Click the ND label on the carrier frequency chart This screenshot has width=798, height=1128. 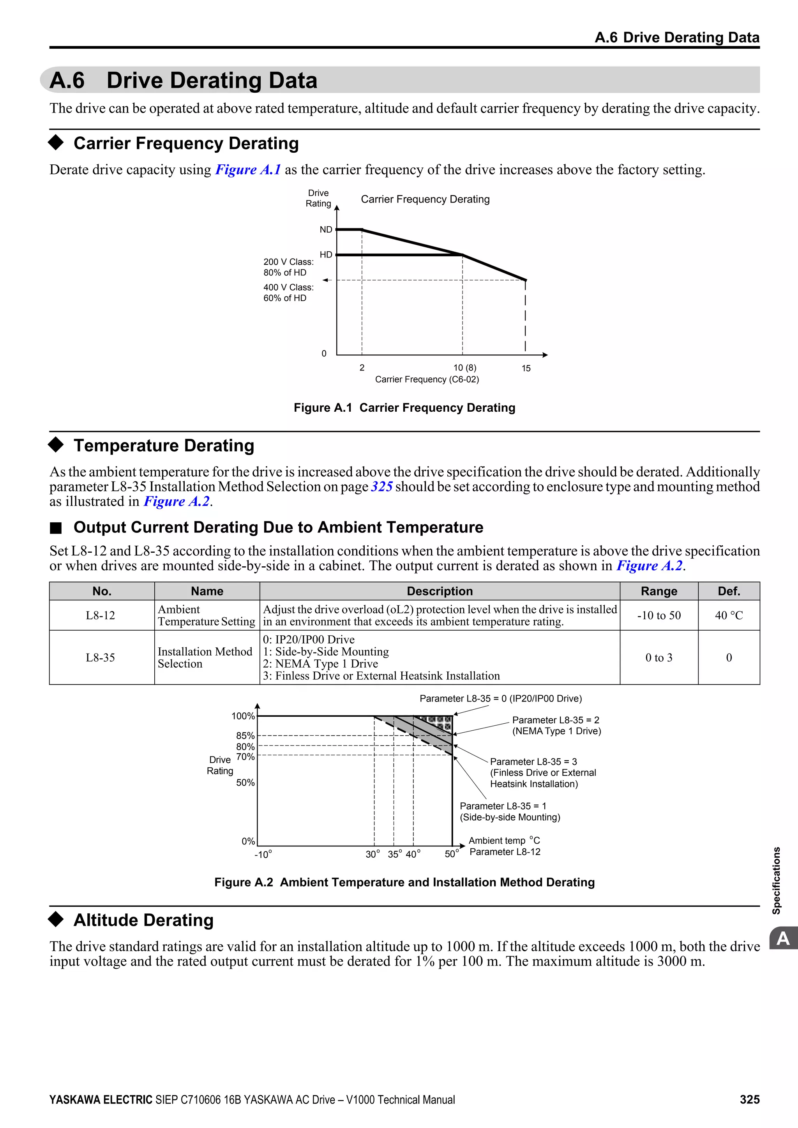326,229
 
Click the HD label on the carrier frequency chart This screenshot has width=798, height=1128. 326,254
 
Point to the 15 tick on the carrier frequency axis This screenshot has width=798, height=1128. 526,368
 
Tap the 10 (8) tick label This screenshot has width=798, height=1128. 464,367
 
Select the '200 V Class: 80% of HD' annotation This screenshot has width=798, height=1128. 288,267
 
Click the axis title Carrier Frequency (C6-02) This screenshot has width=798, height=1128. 427,379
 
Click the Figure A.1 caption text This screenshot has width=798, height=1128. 404,408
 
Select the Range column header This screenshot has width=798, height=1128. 659,591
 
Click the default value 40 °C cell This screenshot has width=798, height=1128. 728,615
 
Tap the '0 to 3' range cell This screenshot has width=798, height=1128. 659,657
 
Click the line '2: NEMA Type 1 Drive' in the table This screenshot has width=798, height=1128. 320,664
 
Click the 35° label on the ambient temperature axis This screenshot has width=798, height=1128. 395,854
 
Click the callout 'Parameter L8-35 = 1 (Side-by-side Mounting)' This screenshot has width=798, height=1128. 510,812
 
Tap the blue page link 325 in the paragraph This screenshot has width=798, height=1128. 381,486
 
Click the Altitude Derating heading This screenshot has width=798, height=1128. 143,920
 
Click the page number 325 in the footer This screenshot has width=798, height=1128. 749,1100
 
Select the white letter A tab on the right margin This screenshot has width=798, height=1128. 783,938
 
